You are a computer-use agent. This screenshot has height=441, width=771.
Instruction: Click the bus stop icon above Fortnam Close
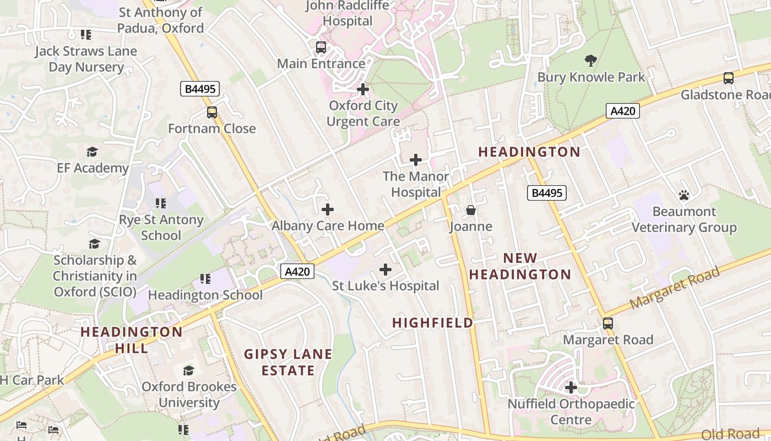(212, 112)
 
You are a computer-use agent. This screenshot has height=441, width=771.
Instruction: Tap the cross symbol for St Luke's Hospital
(385, 270)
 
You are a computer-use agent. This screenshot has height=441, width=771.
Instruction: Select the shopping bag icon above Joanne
(471, 210)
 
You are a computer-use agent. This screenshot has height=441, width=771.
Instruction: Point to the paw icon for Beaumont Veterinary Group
(684, 195)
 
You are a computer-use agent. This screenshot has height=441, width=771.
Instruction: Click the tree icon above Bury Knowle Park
(591, 60)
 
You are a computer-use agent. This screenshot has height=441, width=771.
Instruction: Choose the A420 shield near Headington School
(297, 271)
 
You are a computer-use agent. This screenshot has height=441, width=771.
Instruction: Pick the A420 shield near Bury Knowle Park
(623, 111)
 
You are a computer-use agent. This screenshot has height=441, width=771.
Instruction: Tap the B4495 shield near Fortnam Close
(200, 89)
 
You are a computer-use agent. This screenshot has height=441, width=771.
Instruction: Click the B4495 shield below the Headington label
(547, 192)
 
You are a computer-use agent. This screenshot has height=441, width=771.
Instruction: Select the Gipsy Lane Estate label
(289, 362)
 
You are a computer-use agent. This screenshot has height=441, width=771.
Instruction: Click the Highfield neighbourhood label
(433, 323)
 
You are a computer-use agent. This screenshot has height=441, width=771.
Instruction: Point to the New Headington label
(520, 266)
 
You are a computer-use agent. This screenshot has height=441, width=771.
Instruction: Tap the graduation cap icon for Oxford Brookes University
(189, 370)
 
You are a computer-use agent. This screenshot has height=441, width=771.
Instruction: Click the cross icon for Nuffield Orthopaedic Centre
(571, 388)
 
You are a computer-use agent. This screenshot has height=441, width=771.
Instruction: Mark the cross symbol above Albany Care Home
(328, 209)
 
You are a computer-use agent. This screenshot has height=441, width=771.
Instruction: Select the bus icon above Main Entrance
(321, 47)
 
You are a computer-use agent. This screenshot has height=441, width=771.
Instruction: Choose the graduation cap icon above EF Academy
(93, 152)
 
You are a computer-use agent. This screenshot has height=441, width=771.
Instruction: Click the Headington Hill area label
(132, 340)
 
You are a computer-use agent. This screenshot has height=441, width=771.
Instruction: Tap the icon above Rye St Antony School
(160, 203)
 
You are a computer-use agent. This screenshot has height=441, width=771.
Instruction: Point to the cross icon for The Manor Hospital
(416, 160)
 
